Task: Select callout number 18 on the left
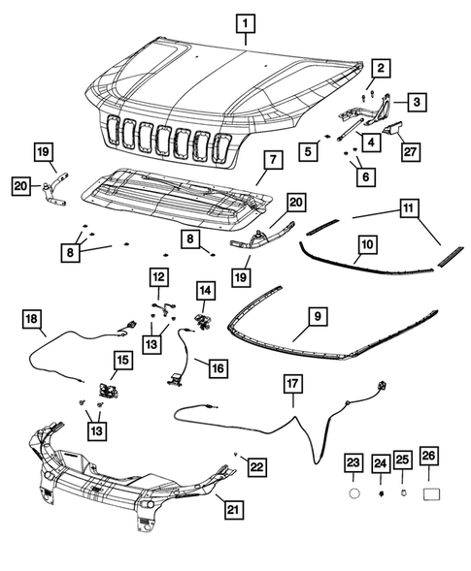click(x=31, y=317)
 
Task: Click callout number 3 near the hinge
click(x=416, y=102)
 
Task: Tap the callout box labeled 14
click(x=205, y=290)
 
